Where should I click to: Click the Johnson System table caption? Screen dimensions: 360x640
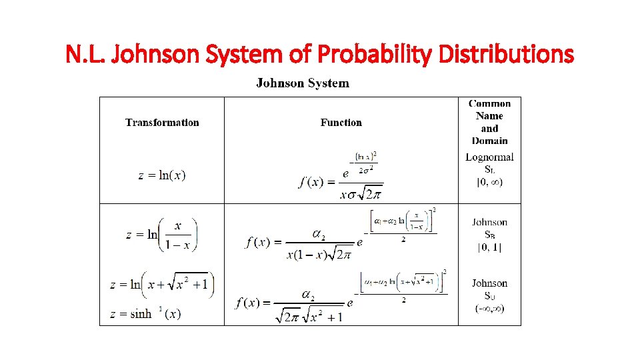[x=302, y=83]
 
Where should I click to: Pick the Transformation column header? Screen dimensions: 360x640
[x=162, y=122]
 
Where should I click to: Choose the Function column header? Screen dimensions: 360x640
[x=341, y=122]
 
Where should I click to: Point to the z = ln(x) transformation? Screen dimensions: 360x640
[x=162, y=175]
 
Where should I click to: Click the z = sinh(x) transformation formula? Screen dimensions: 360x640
[x=147, y=313]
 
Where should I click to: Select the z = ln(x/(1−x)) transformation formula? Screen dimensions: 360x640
[x=161, y=235]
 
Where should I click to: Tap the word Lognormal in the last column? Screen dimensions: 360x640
[x=489, y=157]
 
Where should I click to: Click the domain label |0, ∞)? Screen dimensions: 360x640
[x=489, y=181]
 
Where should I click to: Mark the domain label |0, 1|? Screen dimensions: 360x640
[x=489, y=247]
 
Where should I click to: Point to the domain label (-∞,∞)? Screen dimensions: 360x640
[x=489, y=308]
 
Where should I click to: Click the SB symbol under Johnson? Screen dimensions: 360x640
[x=489, y=235]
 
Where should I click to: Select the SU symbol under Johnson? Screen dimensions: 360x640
[x=489, y=296]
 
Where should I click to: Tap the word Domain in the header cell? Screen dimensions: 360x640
[x=489, y=141]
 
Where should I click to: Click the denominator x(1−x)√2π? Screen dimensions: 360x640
[x=319, y=255]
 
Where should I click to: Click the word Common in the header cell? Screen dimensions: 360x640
[x=489, y=103]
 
